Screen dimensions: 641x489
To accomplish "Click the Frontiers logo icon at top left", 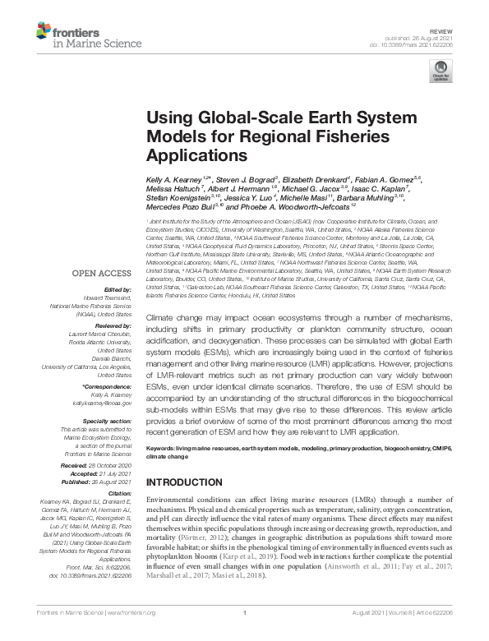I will click(44, 32).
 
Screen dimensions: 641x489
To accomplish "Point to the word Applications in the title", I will click(188, 153).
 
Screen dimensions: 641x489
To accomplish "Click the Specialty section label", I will click(109, 421).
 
